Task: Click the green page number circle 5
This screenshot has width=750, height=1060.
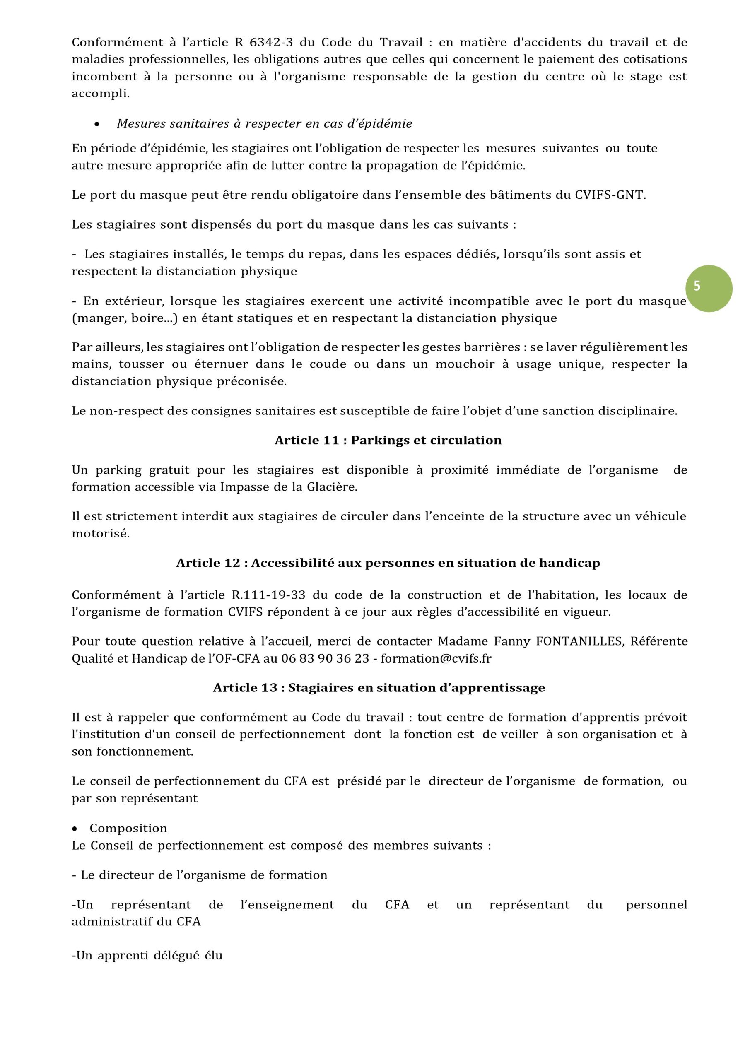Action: (x=709, y=288)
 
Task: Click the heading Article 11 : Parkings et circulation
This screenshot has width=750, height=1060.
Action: (x=388, y=440)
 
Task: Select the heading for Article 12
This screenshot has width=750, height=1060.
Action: (x=388, y=563)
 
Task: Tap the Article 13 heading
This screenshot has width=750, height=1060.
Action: (x=379, y=687)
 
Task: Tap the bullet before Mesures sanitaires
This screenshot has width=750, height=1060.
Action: (x=96, y=124)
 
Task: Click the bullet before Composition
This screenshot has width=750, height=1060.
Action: (x=75, y=829)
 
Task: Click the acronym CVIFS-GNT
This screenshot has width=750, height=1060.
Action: (x=610, y=195)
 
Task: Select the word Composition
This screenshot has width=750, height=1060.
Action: (x=128, y=828)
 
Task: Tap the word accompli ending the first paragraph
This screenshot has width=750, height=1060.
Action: (x=100, y=94)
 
